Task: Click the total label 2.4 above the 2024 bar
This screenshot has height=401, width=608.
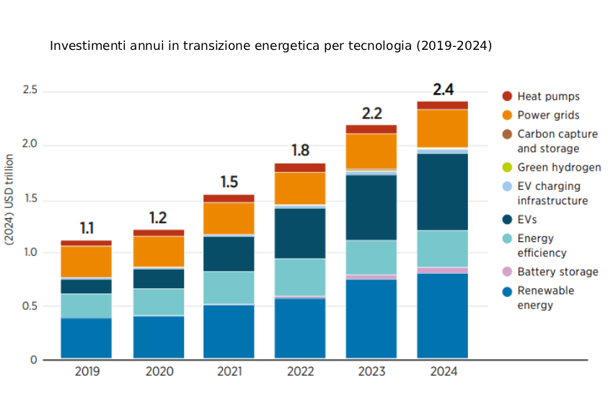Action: click(443, 90)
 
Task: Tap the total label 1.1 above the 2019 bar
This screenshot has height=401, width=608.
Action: click(87, 228)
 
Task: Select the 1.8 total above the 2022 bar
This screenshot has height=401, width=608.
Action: click(300, 151)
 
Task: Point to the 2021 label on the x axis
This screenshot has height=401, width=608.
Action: click(229, 372)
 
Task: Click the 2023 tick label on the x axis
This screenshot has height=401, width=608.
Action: click(371, 372)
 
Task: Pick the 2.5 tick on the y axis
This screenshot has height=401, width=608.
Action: click(30, 91)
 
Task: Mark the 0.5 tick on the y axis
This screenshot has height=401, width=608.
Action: click(30, 306)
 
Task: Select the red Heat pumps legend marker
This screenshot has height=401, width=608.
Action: click(507, 96)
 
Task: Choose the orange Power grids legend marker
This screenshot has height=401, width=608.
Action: click(507, 115)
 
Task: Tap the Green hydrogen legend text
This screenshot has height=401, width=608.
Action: click(559, 168)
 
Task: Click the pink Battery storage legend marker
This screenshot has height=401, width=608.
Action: click(507, 272)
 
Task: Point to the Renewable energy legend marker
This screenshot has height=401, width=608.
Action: click(507, 291)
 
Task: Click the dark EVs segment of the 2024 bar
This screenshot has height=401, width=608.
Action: click(443, 191)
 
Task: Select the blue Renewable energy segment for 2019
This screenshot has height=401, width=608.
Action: click(86, 338)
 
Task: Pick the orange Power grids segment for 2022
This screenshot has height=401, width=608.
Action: click(300, 188)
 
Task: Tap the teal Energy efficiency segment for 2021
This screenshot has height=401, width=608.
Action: click(229, 288)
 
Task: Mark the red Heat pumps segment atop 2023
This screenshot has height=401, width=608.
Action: click(371, 129)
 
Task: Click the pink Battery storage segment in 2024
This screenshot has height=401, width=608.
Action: click(443, 270)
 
